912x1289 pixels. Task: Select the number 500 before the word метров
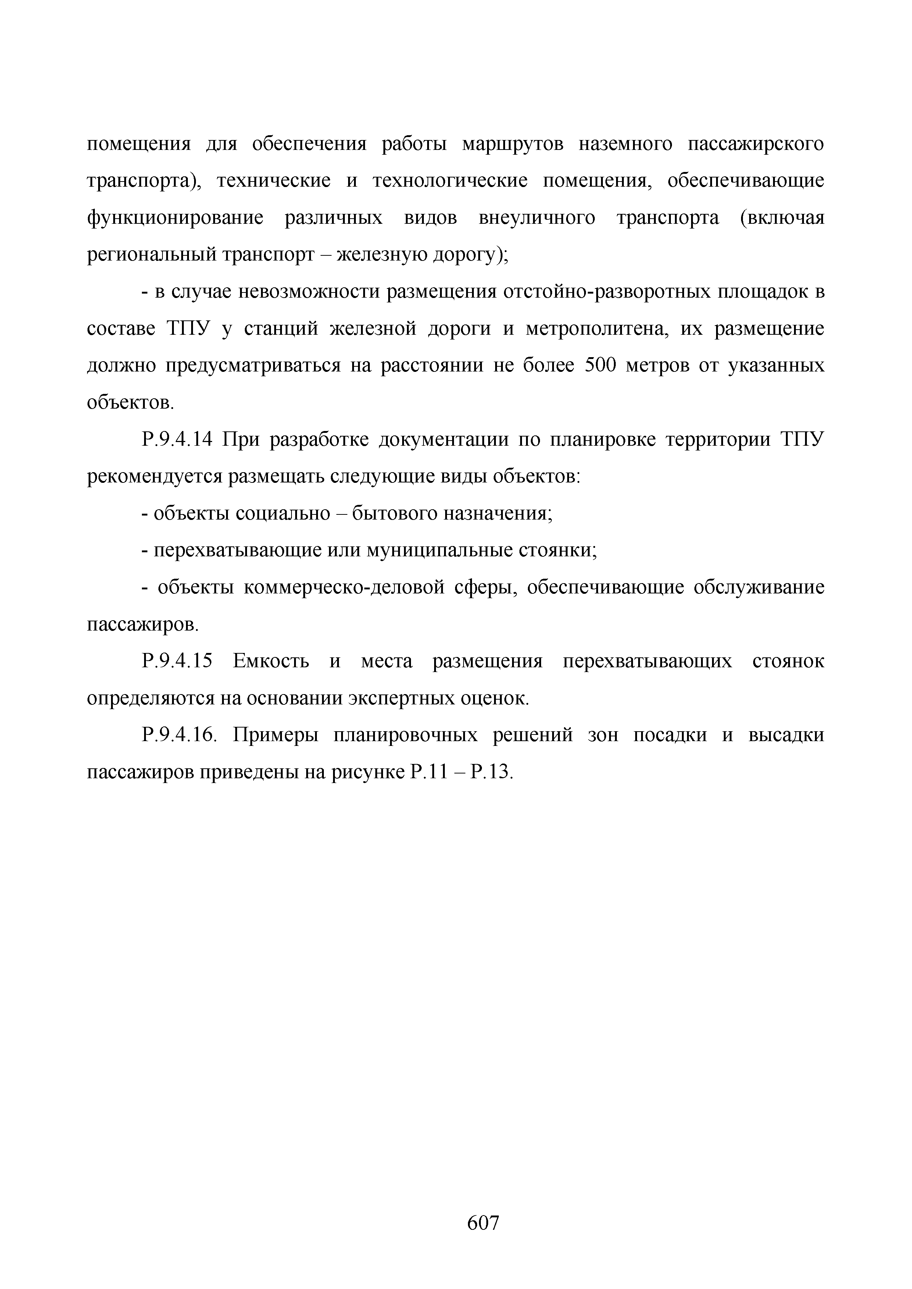pos(602,366)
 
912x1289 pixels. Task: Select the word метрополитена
pos(595,328)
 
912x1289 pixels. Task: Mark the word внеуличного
pos(536,218)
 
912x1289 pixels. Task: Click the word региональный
pos(151,255)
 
